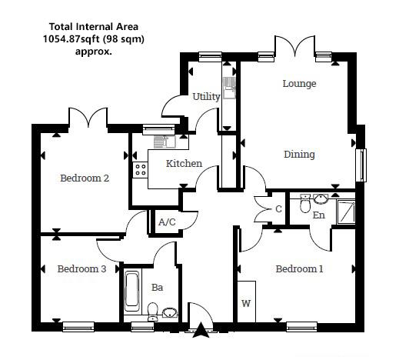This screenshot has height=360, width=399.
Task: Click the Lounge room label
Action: pos(299,83)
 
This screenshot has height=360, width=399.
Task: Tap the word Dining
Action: pos(299,155)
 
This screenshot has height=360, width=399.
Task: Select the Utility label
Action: pos(206,97)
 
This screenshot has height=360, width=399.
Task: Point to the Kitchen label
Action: pos(185,163)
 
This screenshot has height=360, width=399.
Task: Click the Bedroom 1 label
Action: pos(299,269)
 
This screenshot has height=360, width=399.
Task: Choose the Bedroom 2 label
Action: pos(85,178)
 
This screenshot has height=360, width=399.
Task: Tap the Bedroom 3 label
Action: pos(81,269)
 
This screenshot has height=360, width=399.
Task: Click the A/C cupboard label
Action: pos(167,222)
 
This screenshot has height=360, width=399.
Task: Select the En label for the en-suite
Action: pos(318,215)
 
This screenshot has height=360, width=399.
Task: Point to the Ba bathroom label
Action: pos(157,288)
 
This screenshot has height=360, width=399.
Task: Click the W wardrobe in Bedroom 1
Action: pos(246,304)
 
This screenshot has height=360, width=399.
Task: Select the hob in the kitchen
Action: pos(141,169)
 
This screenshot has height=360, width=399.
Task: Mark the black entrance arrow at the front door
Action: pos(201,331)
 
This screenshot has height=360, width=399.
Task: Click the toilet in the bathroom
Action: pos(152,311)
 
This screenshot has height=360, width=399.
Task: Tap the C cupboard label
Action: pos(278,208)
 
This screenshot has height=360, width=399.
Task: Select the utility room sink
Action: pos(228,85)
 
